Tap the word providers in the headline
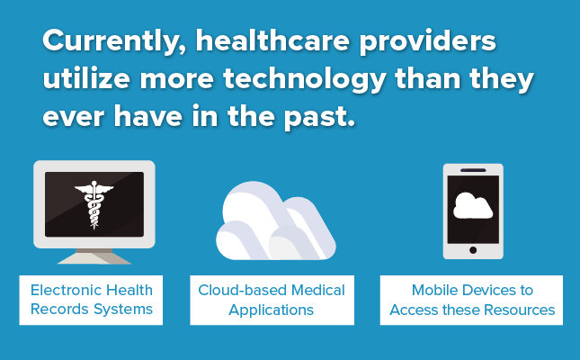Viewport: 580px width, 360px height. click(428, 41)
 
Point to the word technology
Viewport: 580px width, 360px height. click(305, 79)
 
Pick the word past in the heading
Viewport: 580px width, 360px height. click(319, 117)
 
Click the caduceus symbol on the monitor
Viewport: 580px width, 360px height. click(94, 204)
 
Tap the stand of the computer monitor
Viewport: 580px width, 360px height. click(94, 256)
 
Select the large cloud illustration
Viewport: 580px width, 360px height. click(275, 221)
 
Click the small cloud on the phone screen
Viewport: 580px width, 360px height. click(473, 205)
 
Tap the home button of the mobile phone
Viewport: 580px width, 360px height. click(473, 250)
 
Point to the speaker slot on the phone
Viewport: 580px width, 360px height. click(473, 170)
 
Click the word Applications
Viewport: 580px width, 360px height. click(272, 310)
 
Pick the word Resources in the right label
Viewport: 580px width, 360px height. click(520, 310)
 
